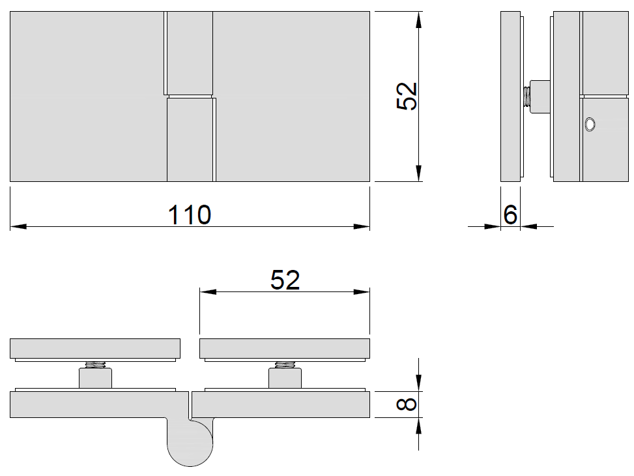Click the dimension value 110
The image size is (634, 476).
pos(189,215)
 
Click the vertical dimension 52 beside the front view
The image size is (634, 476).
pos(407,96)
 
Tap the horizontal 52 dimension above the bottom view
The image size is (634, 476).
pos(285,280)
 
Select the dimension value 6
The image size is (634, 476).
pos(510,215)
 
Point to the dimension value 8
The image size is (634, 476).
pos(407,404)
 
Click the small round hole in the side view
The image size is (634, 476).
pos(590,125)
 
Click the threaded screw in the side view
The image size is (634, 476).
pos(526,97)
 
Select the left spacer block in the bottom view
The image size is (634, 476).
pos(95,378)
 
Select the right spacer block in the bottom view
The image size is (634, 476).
pos(285,378)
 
